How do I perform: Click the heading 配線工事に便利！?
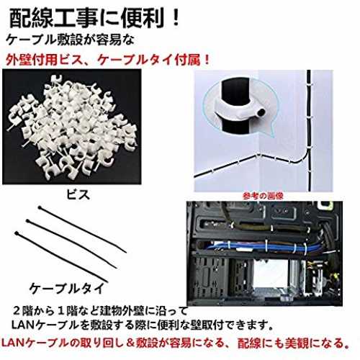coord(94,19)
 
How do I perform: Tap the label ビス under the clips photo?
coord(78,194)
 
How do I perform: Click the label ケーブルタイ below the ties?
coord(67,288)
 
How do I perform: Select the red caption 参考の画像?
coord(263,196)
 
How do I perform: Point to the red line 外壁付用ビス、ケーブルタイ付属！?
coord(107,60)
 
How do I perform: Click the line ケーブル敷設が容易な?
coord(70,40)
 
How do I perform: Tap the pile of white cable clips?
coord(72,127)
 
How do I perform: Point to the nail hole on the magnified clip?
coord(261,112)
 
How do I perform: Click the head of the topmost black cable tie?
coord(40,207)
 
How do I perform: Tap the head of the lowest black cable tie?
coord(17,233)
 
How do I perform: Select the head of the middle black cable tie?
coord(28,221)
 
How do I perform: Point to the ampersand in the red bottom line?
coord(130,343)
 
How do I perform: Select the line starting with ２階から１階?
coord(100,311)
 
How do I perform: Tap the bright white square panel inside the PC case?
coord(271,274)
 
